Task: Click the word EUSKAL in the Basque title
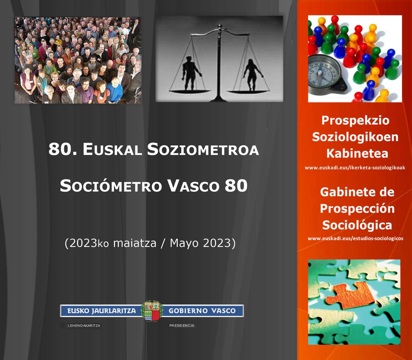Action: point(112,149)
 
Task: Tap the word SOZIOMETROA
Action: point(203,149)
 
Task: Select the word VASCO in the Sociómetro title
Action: point(193,186)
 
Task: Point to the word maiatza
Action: point(135,243)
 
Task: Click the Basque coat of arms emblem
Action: point(151,311)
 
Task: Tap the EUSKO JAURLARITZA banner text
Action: point(102,311)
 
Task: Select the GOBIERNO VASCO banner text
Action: point(202,311)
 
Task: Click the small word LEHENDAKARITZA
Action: point(84,326)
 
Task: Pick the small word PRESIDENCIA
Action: point(182,326)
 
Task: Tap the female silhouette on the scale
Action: point(253,75)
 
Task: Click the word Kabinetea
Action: point(357,154)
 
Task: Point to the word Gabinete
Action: point(344,192)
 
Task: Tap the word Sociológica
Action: point(357,225)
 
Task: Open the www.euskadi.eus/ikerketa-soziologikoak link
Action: point(355,168)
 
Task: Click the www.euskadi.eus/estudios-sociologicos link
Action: point(355,238)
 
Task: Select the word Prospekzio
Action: point(355,121)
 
